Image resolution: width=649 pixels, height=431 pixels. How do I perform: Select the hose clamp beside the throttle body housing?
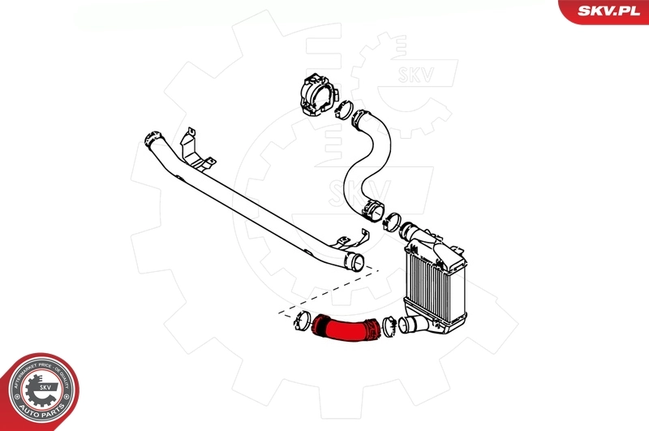pos(344,108)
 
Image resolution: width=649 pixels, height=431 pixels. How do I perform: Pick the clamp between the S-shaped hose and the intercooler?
pos(392,219)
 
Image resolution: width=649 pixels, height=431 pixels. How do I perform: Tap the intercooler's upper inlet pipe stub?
pos(414,233)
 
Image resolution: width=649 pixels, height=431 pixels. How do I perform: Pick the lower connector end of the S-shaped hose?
pos(372,209)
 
